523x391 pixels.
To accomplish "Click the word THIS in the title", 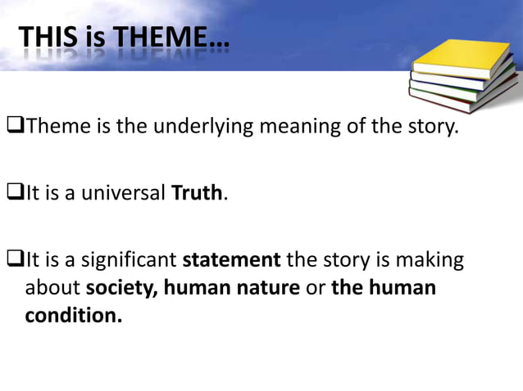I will coord(48,37).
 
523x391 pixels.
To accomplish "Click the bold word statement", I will coord(231,261).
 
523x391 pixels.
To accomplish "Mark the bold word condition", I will coord(73,315).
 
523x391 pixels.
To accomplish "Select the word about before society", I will coord(53,288).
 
